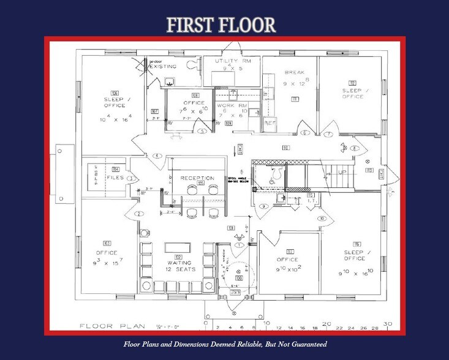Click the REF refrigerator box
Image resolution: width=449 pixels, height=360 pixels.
click(270, 123)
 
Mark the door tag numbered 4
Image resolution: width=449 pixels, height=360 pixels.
click(157, 156)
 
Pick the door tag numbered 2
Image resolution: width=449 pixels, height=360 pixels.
click(139, 214)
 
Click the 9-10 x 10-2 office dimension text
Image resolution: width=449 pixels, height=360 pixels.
click(290, 268)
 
